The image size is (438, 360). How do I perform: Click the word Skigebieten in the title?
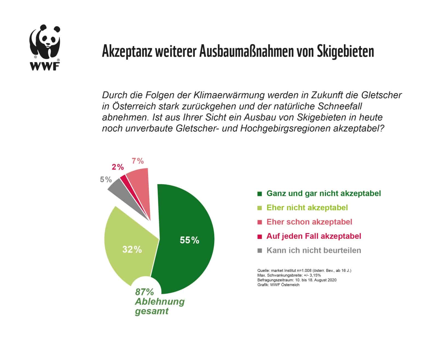coord(345,51)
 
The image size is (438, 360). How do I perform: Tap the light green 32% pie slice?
coord(129,246)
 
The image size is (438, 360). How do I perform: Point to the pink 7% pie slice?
coord(140,186)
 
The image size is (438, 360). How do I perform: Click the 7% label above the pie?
coord(138,161)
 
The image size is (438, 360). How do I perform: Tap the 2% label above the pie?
coord(118,167)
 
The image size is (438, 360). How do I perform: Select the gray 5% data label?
coord(106,180)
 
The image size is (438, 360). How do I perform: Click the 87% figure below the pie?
coord(144,292)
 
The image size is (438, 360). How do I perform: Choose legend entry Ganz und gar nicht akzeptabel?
coord(324,193)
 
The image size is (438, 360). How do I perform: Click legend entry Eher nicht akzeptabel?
coord(307,208)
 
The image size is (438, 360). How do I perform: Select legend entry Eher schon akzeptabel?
coord(309,222)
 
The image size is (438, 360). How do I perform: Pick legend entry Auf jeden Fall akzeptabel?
coord(314,236)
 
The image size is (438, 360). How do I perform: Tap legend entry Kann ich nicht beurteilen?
coord(314,250)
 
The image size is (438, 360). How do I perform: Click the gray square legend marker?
coord(260,250)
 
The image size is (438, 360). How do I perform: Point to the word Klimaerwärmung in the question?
coord(229,95)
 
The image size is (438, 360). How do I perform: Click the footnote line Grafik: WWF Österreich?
coord(278,285)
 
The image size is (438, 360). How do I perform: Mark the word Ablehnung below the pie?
coord(160,302)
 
